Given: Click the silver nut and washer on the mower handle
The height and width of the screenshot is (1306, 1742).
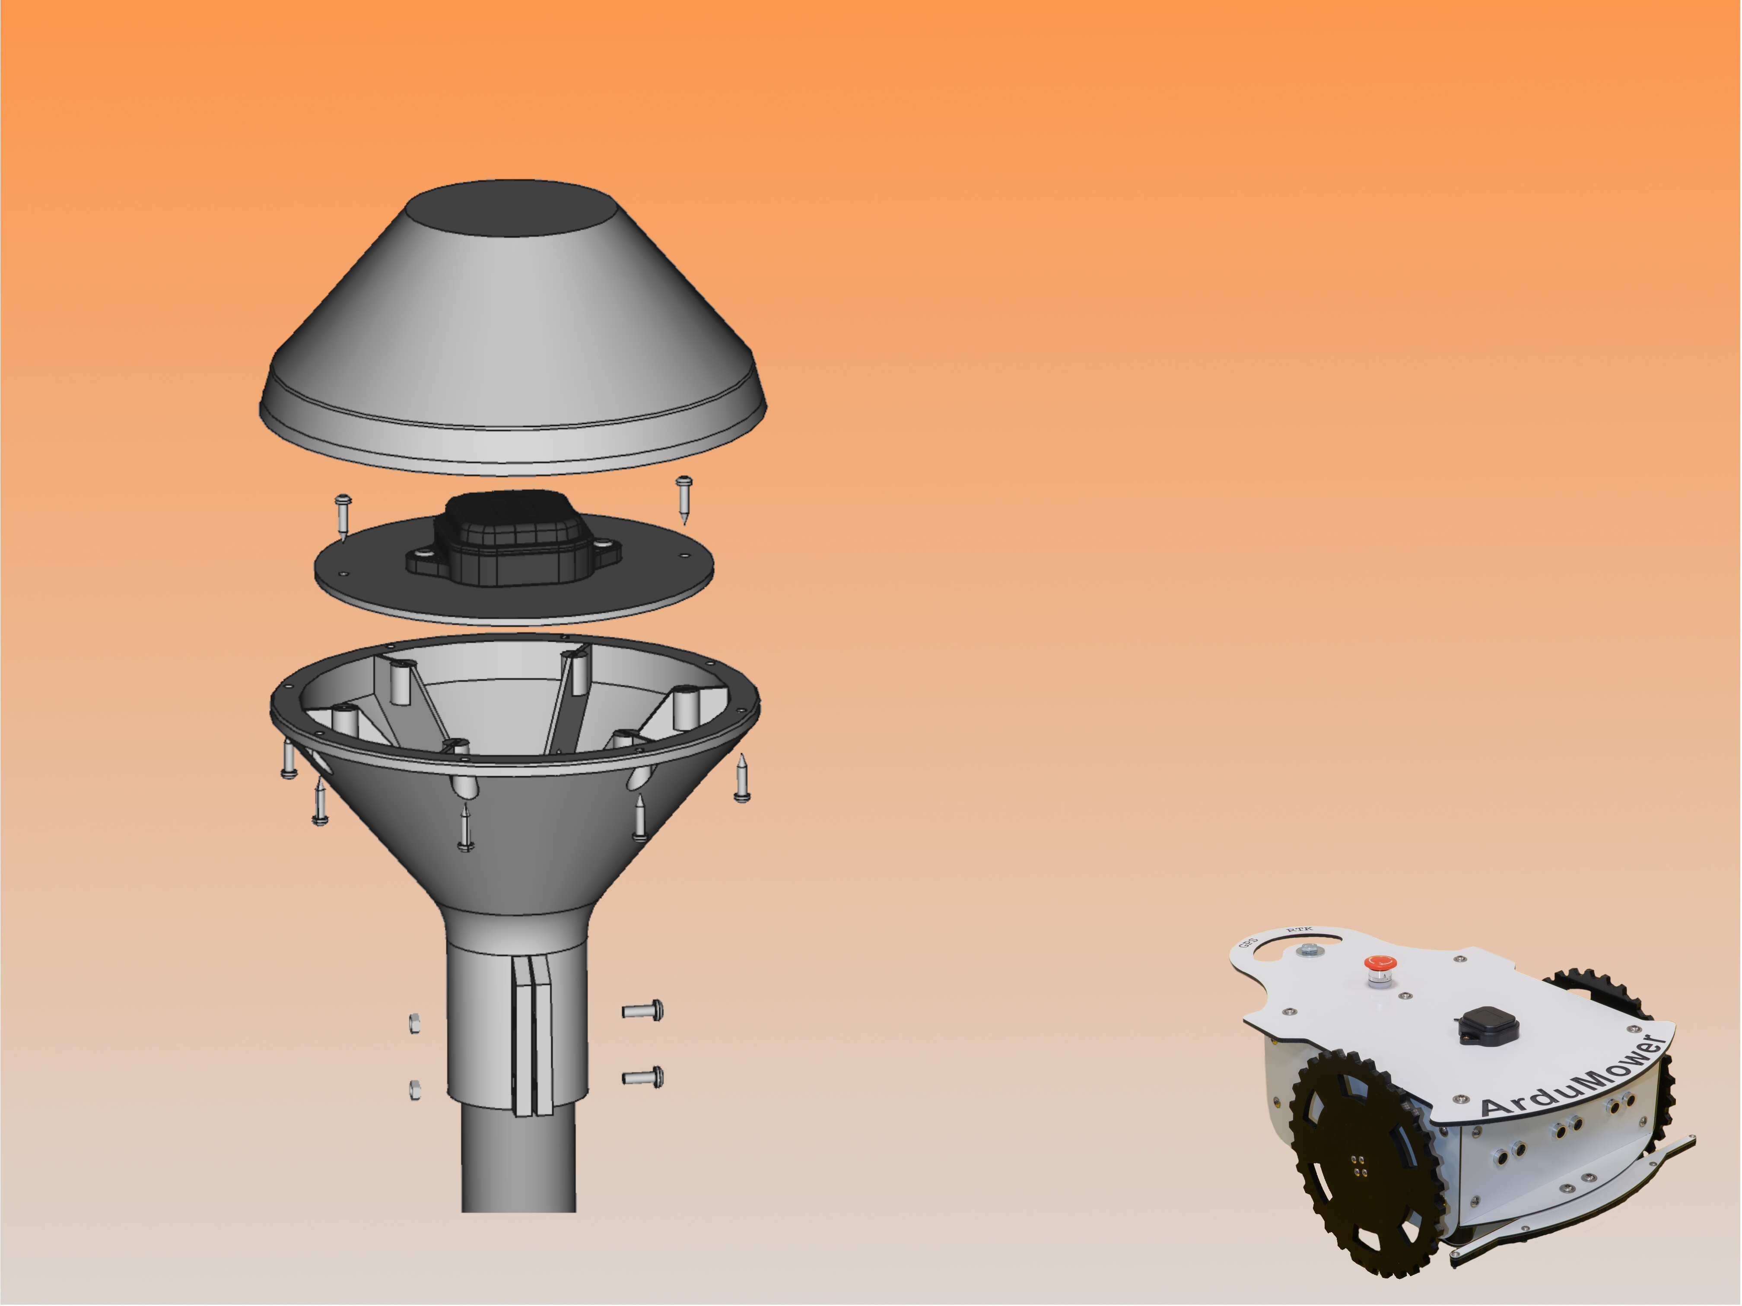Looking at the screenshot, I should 1308,950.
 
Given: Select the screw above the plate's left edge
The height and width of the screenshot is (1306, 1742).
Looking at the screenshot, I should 343,516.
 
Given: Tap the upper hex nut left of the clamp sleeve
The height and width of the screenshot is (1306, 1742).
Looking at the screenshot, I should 414,1024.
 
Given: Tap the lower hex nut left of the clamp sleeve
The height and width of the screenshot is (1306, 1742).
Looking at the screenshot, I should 414,1090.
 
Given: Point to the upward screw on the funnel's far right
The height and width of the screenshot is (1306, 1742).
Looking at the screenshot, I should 741,780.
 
